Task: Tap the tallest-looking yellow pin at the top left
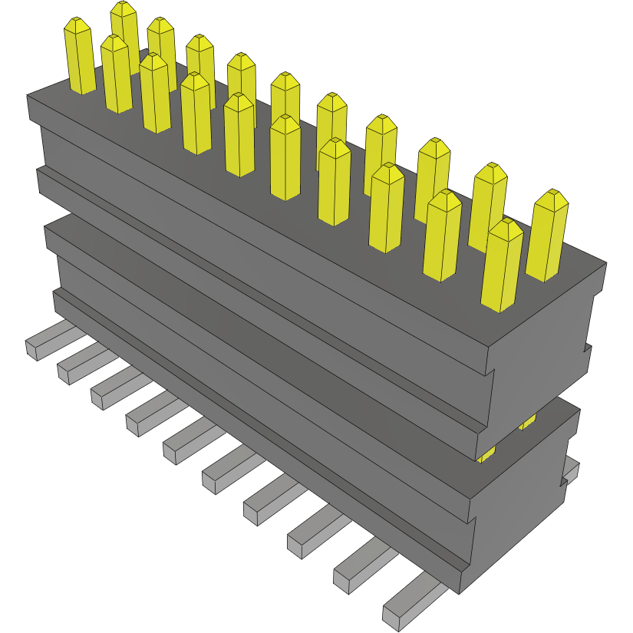[124, 31]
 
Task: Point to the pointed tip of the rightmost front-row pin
[504, 225]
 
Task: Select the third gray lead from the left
[115, 387]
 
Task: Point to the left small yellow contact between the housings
[486, 456]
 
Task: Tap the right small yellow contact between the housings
[528, 422]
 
